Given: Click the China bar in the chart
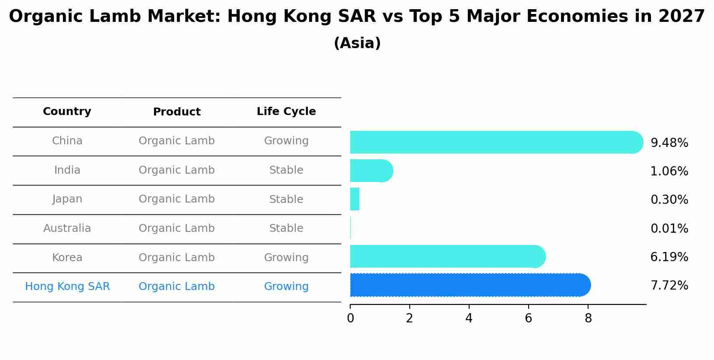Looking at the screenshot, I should tap(496, 142).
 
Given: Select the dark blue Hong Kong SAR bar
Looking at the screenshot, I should tap(470, 285).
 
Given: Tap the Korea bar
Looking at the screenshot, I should tap(447, 256).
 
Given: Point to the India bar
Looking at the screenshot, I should tap(371, 171).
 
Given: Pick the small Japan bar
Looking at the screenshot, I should tap(355, 199).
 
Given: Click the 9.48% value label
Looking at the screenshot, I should tap(669, 143).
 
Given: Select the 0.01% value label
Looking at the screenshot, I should tap(669, 229).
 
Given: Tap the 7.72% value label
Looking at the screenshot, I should tap(669, 286).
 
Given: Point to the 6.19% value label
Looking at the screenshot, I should tap(669, 257).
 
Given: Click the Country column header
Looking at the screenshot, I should tap(67, 112).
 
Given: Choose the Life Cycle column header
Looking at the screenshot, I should tap(286, 112).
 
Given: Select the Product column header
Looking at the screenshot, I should tap(177, 112).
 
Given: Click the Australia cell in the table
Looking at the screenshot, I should tap(67, 228).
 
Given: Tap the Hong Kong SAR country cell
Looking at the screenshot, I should tap(67, 287).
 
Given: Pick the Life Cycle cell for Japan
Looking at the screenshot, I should tap(286, 199).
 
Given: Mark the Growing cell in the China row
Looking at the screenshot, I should tap(286, 141).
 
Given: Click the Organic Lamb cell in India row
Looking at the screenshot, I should tap(177, 170).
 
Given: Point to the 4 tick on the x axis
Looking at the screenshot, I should tap(469, 318).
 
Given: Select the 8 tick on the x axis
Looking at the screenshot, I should tap(588, 318).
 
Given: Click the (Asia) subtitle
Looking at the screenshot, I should tap(357, 43).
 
